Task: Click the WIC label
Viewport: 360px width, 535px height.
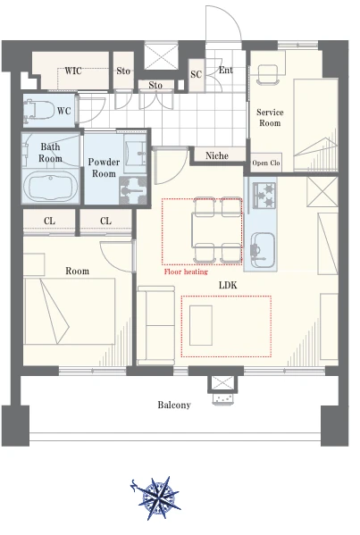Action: [x=73, y=71]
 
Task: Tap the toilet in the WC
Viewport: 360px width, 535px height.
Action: [x=39, y=110]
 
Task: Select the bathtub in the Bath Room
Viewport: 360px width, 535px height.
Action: [x=51, y=187]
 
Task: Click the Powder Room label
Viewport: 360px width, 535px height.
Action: [x=104, y=168]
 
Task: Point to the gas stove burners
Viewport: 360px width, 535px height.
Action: [x=264, y=196]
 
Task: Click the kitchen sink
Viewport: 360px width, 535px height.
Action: [x=262, y=250]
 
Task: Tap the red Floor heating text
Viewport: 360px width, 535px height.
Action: [x=186, y=272]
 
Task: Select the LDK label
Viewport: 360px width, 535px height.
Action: [x=228, y=285]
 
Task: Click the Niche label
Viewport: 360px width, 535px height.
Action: [x=217, y=155]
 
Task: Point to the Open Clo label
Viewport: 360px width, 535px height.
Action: [x=266, y=163]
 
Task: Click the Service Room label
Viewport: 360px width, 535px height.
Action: [x=270, y=117]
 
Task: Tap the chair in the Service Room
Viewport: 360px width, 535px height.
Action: [x=268, y=74]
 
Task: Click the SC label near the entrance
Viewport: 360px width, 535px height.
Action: [x=197, y=74]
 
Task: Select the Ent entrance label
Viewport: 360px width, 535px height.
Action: [x=226, y=70]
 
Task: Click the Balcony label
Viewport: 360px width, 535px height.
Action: [x=174, y=405]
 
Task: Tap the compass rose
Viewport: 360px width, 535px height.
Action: [x=156, y=497]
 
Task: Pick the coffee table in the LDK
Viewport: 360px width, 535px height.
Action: [x=201, y=325]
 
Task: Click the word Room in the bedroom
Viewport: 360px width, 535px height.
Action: [x=77, y=271]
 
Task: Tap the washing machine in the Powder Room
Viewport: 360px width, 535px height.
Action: [x=133, y=190]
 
